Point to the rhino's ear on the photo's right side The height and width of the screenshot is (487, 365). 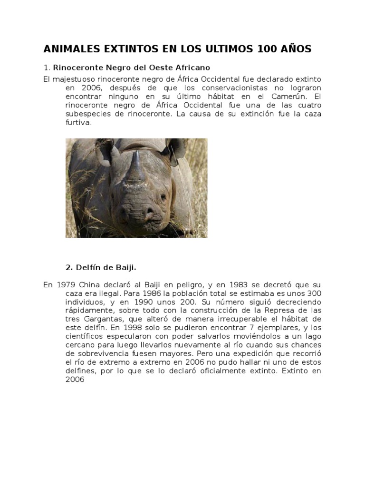coord(174,148)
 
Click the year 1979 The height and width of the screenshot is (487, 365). coord(66,285)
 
